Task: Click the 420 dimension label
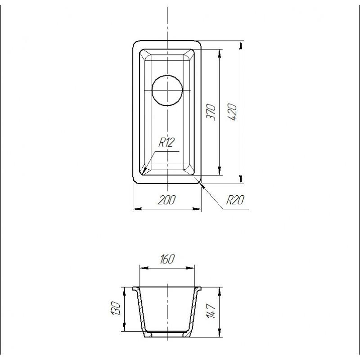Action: click(232, 112)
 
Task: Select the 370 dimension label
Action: click(211, 112)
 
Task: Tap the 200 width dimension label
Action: click(166, 200)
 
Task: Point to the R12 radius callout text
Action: click(166, 142)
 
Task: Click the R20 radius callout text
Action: click(235, 200)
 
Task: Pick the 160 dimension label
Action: click(167, 259)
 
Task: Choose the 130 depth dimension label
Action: click(116, 309)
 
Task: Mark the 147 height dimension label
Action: click(211, 311)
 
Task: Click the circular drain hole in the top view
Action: click(167, 90)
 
